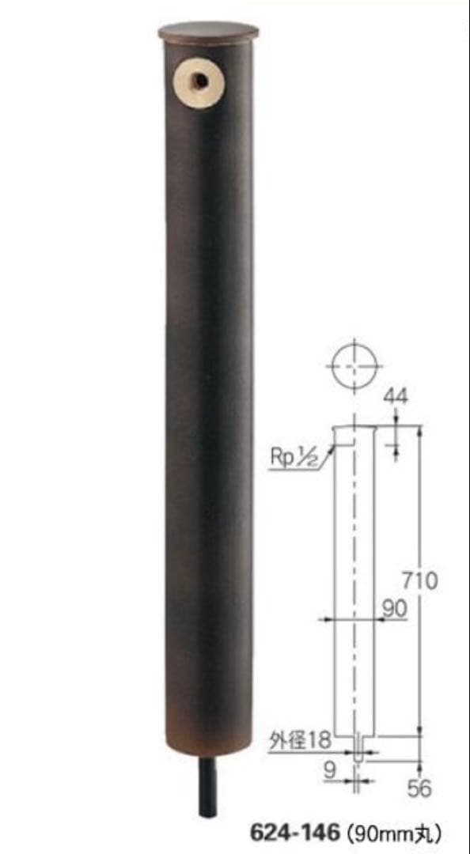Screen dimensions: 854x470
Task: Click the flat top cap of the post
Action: [x=208, y=32]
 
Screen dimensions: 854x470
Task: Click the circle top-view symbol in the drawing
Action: [x=356, y=366]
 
